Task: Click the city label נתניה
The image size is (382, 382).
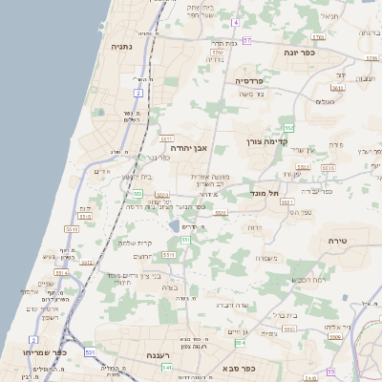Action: (x=121, y=45)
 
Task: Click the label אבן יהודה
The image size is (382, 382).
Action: (x=190, y=148)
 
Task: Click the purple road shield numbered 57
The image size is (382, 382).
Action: (x=245, y=40)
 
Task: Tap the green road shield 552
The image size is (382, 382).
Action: (x=288, y=127)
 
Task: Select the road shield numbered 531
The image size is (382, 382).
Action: (x=89, y=352)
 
